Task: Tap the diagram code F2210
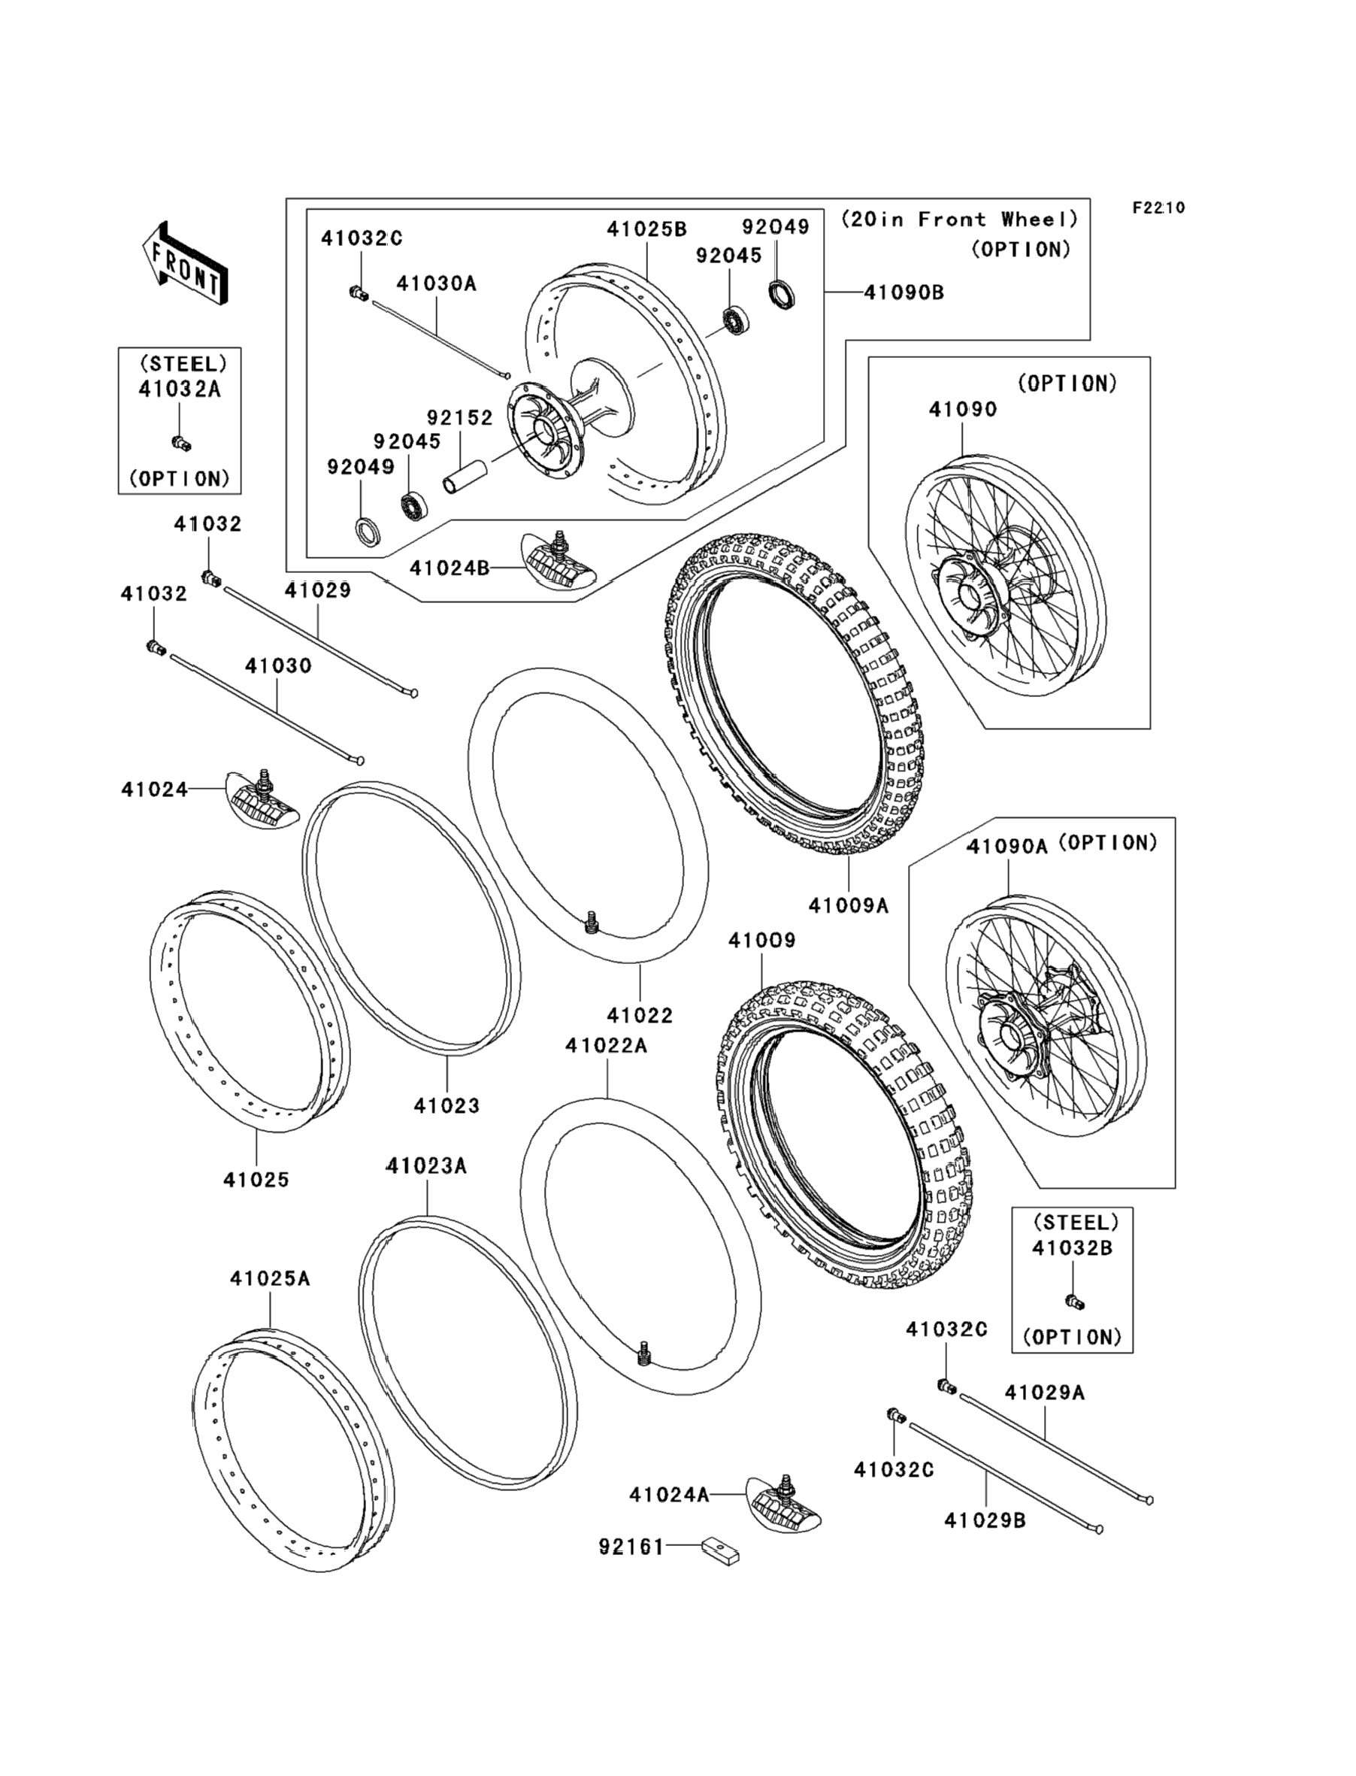[1158, 208]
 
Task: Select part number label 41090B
[904, 292]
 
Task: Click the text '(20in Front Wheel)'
[960, 220]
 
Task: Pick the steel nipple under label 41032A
[182, 442]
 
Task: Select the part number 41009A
[849, 907]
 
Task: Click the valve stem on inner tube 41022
[592, 923]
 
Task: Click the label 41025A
[270, 1279]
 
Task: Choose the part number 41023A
[426, 1165]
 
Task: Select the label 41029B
[985, 1521]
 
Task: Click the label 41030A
[436, 283]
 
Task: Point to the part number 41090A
[1007, 846]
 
